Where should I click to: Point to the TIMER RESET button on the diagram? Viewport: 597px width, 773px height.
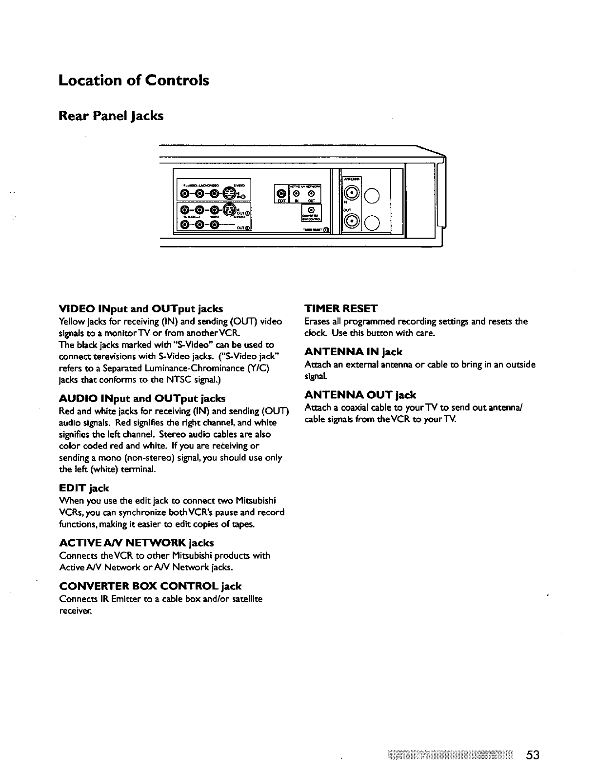pyautogui.click(x=326, y=230)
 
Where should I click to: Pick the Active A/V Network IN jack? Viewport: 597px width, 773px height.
pyautogui.click(x=297, y=195)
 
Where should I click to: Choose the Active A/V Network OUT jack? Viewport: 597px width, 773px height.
pyautogui.click(x=311, y=195)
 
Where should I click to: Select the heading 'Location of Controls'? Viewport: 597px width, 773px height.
pyautogui.click(x=134, y=80)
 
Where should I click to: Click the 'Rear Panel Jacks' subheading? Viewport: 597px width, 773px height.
pyautogui.click(x=111, y=116)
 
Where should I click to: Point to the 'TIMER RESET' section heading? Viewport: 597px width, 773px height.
pyautogui.click(x=340, y=308)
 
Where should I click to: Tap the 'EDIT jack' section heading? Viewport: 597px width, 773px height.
pyautogui.click(x=84, y=488)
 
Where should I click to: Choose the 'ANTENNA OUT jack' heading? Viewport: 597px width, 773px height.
pyautogui.click(x=360, y=394)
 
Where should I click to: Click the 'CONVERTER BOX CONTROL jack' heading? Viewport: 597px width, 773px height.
pyautogui.click(x=150, y=586)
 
